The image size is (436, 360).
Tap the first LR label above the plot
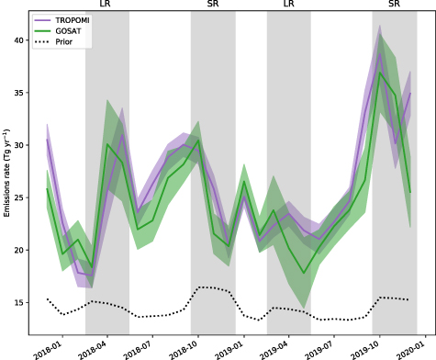(106, 6)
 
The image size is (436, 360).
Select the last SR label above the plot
(394, 6)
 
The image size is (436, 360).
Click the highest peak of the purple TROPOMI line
(380, 52)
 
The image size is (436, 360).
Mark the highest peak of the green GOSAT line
(380, 73)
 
